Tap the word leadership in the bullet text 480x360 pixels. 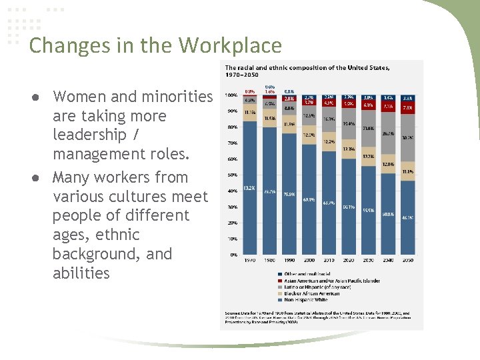tap(89, 135)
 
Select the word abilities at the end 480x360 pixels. tap(81, 273)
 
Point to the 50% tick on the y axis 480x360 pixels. tap(232, 175)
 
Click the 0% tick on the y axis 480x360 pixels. tap(233, 255)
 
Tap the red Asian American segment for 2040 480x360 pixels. tap(389, 106)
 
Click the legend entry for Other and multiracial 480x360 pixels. tap(307, 273)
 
